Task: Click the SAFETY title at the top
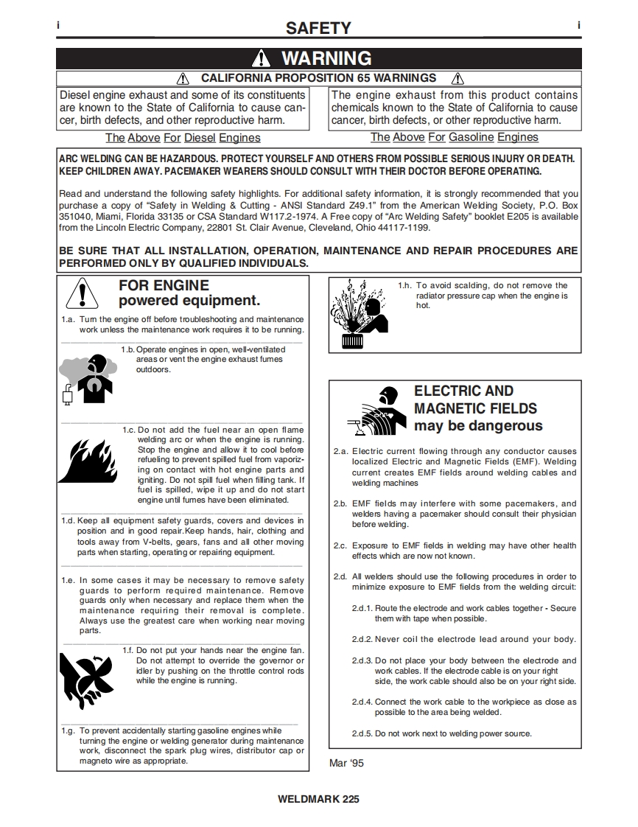[x=318, y=28]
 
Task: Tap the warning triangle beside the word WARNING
[x=262, y=59]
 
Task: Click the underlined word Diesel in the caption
[x=200, y=138]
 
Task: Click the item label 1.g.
[x=68, y=731]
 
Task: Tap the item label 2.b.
[x=340, y=504]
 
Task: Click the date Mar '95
[x=346, y=763]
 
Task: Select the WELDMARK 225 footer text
[x=318, y=799]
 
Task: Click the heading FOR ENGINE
[x=164, y=285]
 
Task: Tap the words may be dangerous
[x=478, y=426]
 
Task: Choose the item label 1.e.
[x=68, y=581]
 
